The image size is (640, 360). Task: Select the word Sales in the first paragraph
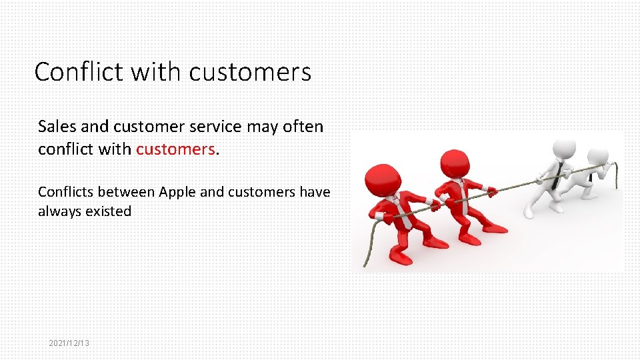pyautogui.click(x=57, y=126)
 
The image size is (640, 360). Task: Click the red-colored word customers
pyautogui.click(x=175, y=149)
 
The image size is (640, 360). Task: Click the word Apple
pyautogui.click(x=177, y=192)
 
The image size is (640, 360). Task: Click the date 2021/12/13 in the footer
pyautogui.click(x=69, y=343)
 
